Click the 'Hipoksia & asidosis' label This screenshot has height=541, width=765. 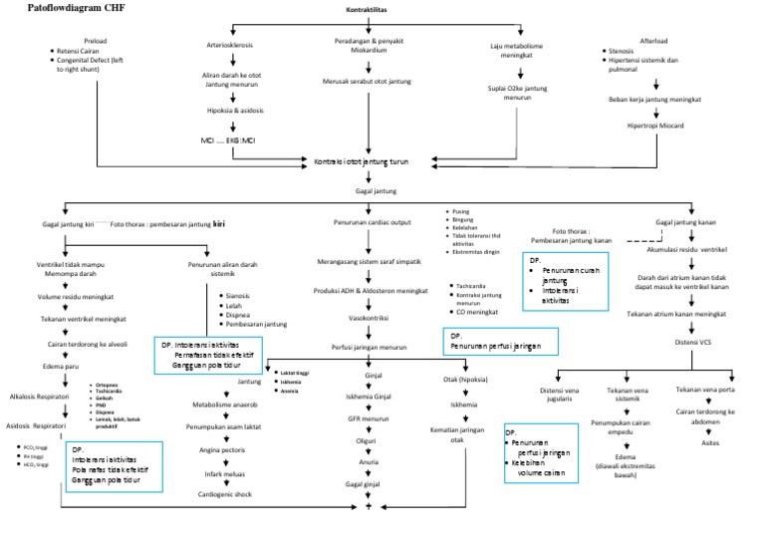pos(231,112)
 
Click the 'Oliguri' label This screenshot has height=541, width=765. pos(367,439)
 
